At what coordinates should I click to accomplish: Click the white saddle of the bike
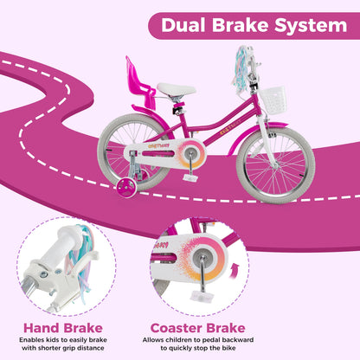[176, 89]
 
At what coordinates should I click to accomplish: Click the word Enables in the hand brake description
[34, 342]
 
